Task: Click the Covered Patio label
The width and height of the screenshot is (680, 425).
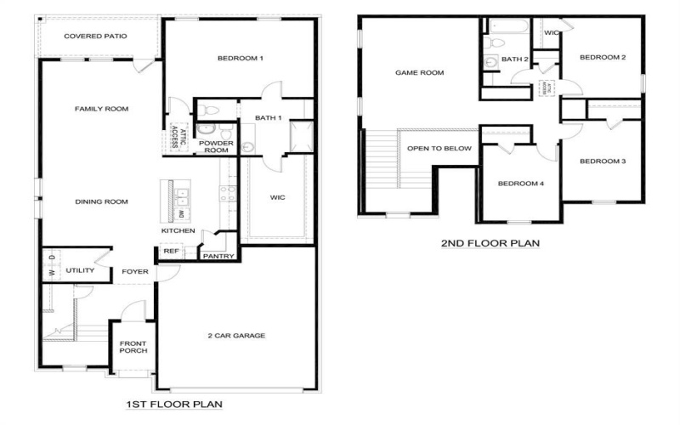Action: click(x=95, y=37)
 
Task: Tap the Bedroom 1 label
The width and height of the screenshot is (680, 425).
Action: click(x=241, y=58)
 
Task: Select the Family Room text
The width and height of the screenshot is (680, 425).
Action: click(x=101, y=109)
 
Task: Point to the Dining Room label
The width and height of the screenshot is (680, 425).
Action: click(x=101, y=201)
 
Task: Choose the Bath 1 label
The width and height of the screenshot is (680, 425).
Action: click(x=268, y=117)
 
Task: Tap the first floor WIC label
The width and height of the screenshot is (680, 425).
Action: click(x=277, y=196)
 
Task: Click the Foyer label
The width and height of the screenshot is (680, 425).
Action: click(x=134, y=272)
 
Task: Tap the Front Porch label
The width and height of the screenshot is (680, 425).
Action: click(x=133, y=346)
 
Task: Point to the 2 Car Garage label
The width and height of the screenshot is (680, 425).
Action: click(x=237, y=336)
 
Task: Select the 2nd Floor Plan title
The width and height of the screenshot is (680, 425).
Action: click(x=490, y=244)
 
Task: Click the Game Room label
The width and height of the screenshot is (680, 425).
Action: click(x=420, y=73)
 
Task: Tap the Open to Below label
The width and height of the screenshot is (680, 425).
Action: click(x=439, y=148)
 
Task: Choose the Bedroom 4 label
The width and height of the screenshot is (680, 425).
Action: click(x=519, y=184)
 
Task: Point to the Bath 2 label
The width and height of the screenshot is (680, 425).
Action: click(x=515, y=59)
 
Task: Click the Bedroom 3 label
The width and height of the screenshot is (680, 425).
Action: click(x=603, y=161)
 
